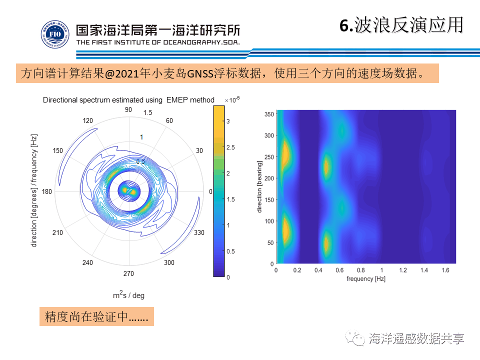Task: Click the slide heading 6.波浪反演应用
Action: point(401,25)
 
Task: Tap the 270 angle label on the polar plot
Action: point(128,273)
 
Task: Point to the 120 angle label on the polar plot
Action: point(88,120)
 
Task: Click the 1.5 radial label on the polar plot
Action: point(147,113)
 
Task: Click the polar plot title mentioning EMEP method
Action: point(128,100)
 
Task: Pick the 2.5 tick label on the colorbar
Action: point(230,147)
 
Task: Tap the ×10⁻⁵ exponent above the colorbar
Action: point(232,100)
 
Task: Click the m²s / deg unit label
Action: point(128,295)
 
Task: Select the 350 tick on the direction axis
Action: point(268,114)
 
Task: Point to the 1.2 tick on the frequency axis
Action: point(403,270)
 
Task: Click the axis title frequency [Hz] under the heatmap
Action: point(366,278)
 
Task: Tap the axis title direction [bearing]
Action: point(259,186)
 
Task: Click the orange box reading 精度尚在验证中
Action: point(96,316)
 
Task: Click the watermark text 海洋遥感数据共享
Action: point(416,338)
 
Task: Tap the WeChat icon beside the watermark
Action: point(357,338)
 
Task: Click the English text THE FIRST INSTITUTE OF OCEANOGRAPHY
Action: point(158,42)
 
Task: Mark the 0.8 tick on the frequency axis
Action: point(361,270)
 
